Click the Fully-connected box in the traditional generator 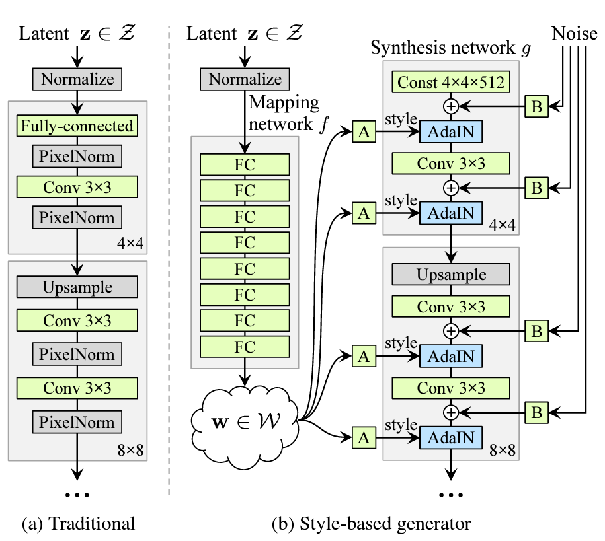(x=77, y=126)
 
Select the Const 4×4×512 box (x=451, y=83)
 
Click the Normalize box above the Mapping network (x=245, y=79)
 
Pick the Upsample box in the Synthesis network (x=451, y=274)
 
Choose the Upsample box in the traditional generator (x=77, y=287)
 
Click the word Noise (x=575, y=33)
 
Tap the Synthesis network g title (x=451, y=49)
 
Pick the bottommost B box (x=537, y=413)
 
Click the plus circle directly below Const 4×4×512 (x=451, y=106)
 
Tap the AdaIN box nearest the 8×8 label (x=451, y=437)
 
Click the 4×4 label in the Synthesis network (x=502, y=225)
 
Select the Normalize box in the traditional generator (x=77, y=80)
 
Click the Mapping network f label (x=284, y=114)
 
